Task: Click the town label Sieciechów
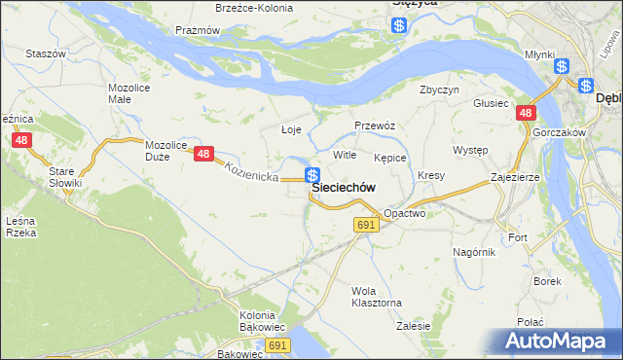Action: (x=344, y=188)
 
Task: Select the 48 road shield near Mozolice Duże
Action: (x=203, y=154)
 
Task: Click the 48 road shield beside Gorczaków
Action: (x=526, y=114)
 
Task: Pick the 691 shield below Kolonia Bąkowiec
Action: (x=278, y=345)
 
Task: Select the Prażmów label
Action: (x=198, y=30)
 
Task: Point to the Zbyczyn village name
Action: (x=439, y=90)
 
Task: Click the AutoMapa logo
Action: (x=556, y=341)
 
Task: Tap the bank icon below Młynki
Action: (x=562, y=66)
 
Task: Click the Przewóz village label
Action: (x=374, y=126)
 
